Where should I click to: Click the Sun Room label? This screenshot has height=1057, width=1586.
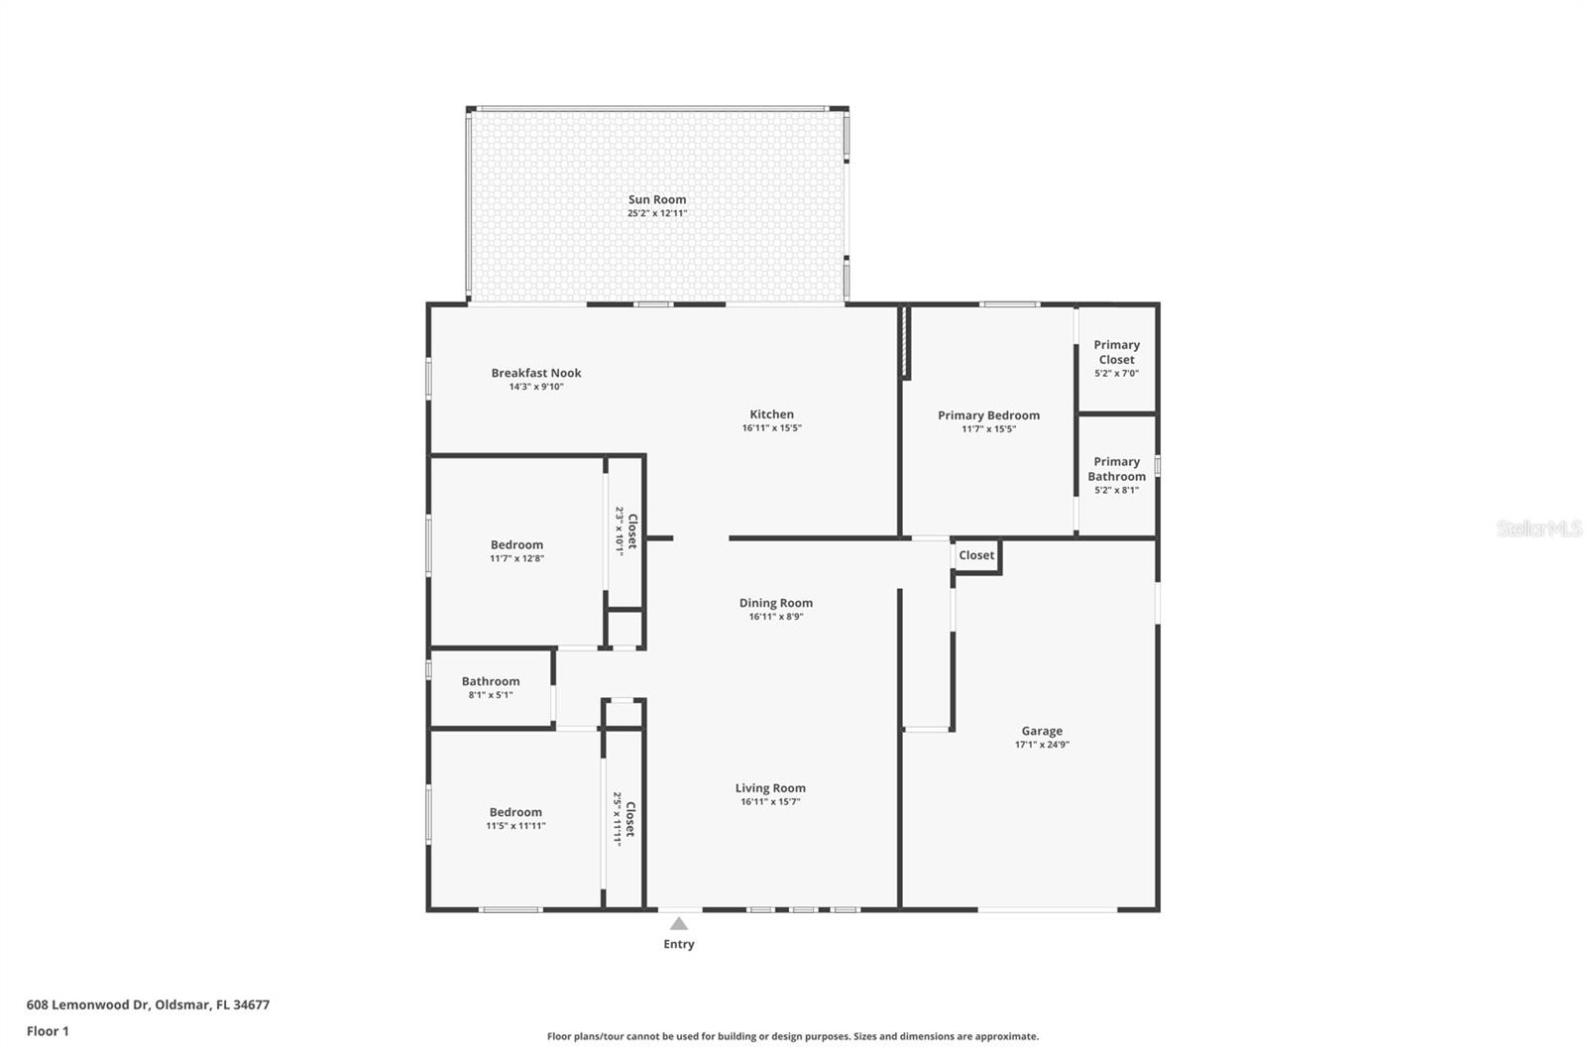coord(657,199)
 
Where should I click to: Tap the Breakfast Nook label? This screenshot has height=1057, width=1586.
coord(536,373)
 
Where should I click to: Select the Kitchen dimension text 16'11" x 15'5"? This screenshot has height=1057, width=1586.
coord(772,428)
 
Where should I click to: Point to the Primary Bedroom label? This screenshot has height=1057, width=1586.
coord(988,415)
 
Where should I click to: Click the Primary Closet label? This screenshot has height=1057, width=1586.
coord(1116,352)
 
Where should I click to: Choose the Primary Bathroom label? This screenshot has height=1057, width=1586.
coord(1116,469)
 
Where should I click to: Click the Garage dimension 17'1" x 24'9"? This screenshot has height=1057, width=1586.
coord(1042,745)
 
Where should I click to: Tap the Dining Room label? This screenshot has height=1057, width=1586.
coord(776,603)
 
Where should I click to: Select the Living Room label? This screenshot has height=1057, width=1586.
coord(770,787)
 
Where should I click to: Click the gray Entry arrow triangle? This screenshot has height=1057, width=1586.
coord(679,923)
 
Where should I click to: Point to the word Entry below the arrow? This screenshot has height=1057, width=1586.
coord(679,944)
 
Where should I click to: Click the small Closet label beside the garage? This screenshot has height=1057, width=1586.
coord(976,555)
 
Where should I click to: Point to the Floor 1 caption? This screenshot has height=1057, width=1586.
coord(48,1031)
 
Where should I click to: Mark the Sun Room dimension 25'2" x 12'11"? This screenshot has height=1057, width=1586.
coord(657,213)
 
